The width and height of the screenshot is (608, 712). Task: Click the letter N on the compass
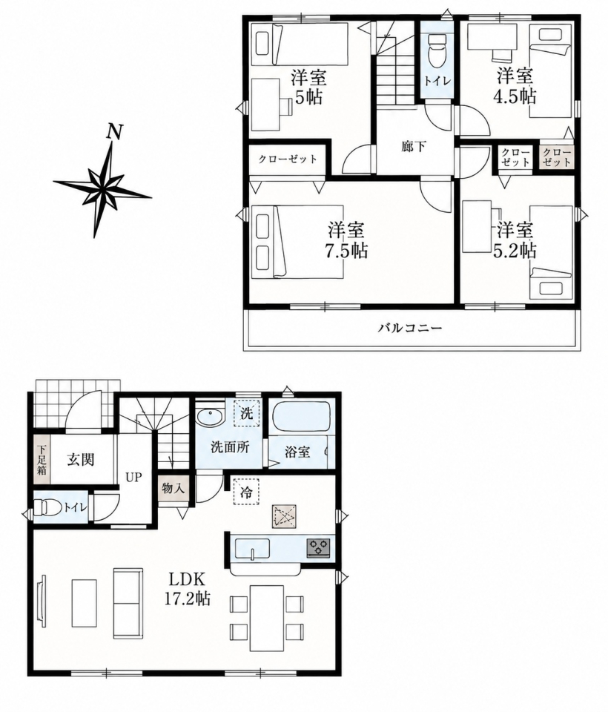114,132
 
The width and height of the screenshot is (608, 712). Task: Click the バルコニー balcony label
410,327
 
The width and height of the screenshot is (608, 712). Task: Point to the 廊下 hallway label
414,146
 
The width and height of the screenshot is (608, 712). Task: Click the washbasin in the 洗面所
210,416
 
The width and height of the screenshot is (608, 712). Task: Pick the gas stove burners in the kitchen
319,547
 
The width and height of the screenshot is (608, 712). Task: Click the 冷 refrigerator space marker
245,492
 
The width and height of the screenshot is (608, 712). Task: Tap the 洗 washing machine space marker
247,413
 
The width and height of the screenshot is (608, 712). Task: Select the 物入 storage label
173,488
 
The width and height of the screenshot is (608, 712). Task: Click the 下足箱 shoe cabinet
42,460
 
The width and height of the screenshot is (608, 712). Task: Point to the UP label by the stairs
134,477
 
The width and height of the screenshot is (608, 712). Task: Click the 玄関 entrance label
81,460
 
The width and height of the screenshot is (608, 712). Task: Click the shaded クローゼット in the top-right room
557,157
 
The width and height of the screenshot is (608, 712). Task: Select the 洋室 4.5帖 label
516,85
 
